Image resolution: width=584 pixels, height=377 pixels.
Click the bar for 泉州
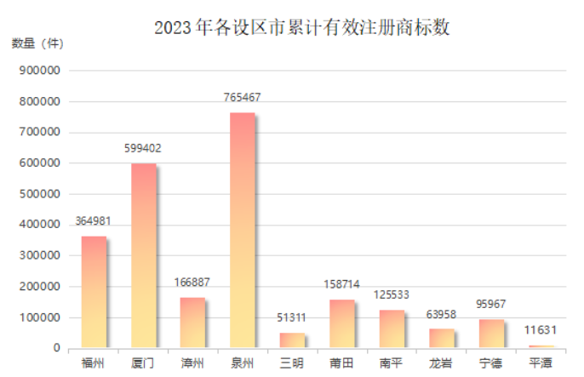[242, 231]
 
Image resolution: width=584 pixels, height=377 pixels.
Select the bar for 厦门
[143, 255]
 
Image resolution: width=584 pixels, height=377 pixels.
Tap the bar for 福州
[94, 292]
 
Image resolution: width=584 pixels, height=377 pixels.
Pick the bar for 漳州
[192, 323]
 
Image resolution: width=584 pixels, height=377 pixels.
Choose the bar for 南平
[391, 328]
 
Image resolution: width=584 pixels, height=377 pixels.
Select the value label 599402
[143, 148]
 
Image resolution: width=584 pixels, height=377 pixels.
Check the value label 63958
[440, 314]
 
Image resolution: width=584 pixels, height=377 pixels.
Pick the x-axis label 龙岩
[440, 363]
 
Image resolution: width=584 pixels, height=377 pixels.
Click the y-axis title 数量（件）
[37, 43]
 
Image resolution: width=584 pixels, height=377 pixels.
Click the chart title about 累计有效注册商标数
[301, 27]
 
